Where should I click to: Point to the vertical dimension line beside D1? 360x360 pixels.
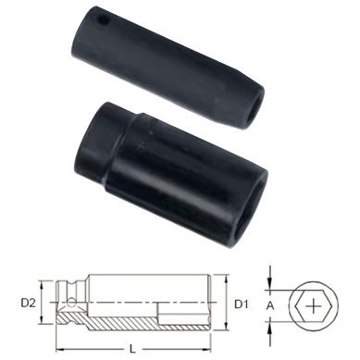[226, 303]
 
